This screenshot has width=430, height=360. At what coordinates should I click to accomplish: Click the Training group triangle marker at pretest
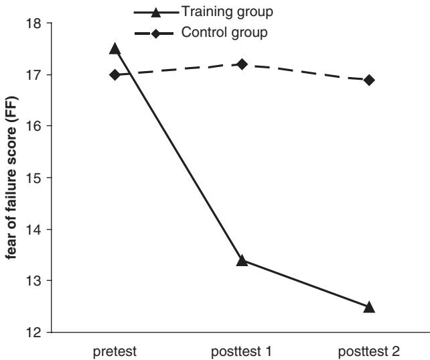(x=115, y=49)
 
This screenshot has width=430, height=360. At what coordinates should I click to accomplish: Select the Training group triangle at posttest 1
(x=242, y=260)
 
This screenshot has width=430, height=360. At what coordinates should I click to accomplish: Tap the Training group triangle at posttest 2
(x=369, y=307)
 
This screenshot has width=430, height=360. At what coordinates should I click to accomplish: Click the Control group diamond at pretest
(x=115, y=74)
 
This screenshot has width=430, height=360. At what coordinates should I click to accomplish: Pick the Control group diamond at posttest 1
(x=242, y=64)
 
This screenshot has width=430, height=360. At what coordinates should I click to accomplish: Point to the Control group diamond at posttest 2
(x=369, y=80)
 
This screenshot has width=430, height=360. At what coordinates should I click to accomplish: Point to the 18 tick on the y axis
(x=33, y=23)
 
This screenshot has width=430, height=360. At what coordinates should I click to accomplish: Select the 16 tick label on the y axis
(x=33, y=126)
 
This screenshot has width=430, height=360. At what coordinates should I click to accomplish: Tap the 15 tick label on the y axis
(x=33, y=178)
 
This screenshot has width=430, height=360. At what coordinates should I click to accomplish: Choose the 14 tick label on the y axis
(x=33, y=229)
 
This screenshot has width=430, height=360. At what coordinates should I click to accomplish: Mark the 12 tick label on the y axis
(x=33, y=332)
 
